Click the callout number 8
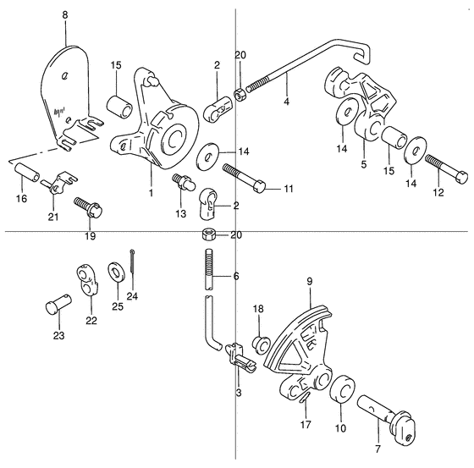point(65,15)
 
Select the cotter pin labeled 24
point(132,262)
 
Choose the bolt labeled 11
point(245,179)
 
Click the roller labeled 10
point(343,389)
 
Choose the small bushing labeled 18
point(261,344)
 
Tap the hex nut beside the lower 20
point(208,234)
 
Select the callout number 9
point(309,282)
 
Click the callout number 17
point(306,425)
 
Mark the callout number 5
point(363,164)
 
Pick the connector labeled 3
point(240,358)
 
